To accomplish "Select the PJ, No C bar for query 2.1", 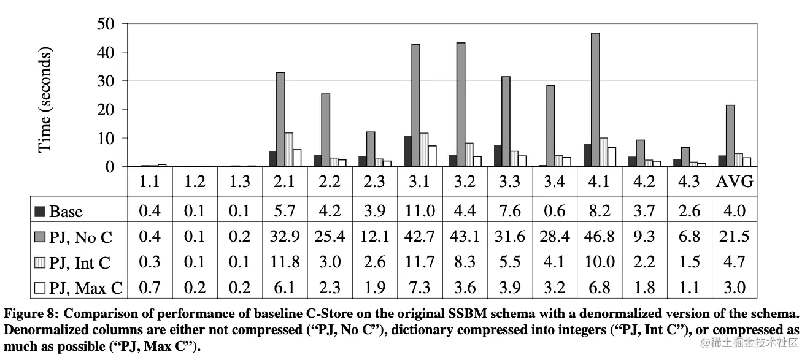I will click(281, 119).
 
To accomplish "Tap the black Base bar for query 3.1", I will click(407, 151).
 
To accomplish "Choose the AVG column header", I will click(735, 182).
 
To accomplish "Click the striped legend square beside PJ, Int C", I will click(40, 262).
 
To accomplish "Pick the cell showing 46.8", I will click(599, 237).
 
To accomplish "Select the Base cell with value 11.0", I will click(420, 212).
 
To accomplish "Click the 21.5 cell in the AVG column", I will click(735, 237).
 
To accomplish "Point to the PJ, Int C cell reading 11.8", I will click(285, 262).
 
